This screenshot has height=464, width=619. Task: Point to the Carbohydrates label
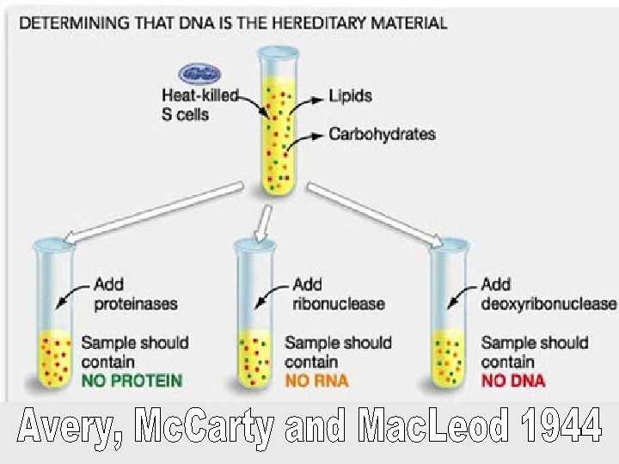pyautogui.click(x=382, y=134)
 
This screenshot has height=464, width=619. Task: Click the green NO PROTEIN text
pyautogui.click(x=132, y=380)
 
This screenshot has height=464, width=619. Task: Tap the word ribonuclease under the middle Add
pyautogui.click(x=339, y=303)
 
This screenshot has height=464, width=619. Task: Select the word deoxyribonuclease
pyautogui.click(x=549, y=303)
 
